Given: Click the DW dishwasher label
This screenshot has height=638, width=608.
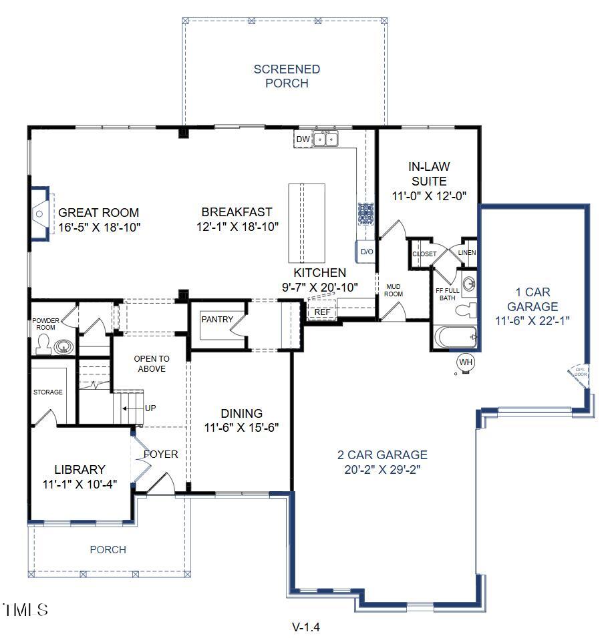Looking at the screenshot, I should coord(303,139).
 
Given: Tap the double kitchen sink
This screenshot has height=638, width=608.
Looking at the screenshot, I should coord(326,139).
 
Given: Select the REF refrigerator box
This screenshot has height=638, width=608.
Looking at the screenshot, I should coord(322,312).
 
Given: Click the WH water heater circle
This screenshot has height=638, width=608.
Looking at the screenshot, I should coord(465,362).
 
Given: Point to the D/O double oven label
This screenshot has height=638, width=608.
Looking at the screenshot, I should coord(367,252).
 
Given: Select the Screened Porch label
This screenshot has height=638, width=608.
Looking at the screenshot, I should coord(287,76).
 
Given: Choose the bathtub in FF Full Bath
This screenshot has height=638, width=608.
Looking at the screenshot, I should coord(455,337).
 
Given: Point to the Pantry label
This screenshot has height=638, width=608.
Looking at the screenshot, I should coord(217,320).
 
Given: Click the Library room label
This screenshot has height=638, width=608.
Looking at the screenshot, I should coord(80,469).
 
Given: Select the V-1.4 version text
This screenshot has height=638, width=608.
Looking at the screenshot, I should coord(306,627).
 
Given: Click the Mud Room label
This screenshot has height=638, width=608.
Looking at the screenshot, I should coord(394,290).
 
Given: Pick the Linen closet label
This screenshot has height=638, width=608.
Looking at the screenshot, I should coord(466,253).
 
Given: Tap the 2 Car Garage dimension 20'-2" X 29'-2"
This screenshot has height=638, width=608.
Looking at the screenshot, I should coord(382,469).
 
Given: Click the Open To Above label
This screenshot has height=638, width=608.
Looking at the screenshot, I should coord(152,364).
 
